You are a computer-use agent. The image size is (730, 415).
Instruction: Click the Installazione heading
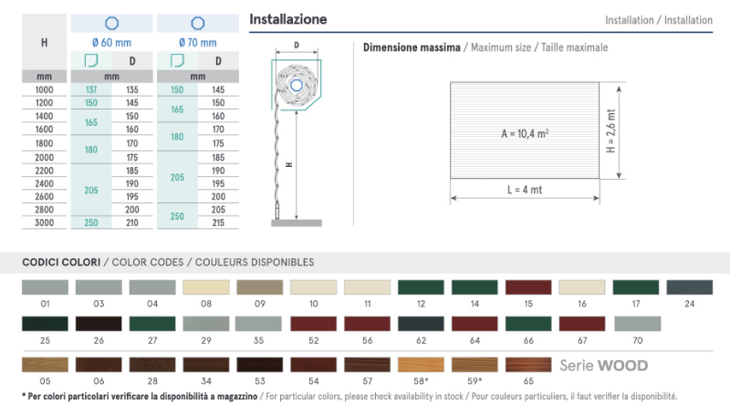(x=288, y=19)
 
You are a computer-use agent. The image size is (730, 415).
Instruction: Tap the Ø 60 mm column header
(x=111, y=43)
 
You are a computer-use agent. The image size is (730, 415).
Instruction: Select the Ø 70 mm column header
(x=198, y=43)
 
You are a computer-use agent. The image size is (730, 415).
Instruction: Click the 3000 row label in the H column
(x=44, y=223)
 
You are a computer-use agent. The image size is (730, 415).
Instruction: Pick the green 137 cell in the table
(x=91, y=89)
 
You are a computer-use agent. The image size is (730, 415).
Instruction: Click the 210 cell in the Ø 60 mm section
(x=132, y=223)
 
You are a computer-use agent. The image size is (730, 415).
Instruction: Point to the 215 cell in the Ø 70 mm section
(x=218, y=223)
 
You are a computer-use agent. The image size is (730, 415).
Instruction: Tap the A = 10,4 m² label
(x=525, y=134)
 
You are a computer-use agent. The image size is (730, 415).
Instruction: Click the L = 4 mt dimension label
(x=525, y=190)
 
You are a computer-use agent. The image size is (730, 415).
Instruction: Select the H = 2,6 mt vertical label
(x=610, y=131)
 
